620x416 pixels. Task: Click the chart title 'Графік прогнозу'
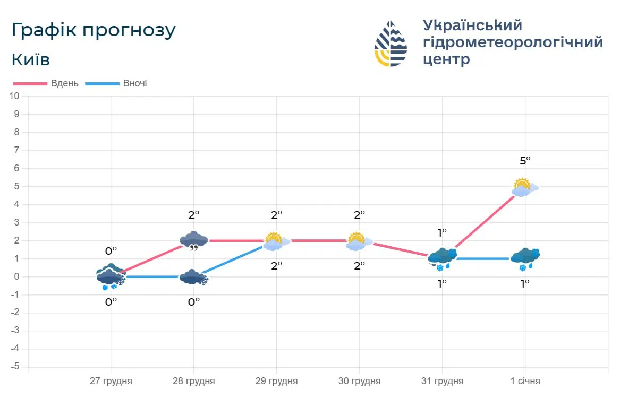point(94,30)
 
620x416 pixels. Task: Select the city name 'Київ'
point(31,59)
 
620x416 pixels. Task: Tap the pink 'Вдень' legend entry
point(47,83)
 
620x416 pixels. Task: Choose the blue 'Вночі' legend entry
point(118,83)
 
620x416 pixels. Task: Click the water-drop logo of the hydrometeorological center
point(390,44)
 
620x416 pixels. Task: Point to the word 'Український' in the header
point(472,25)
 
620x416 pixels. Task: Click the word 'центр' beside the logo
point(446,59)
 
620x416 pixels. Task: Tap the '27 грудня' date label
point(111,381)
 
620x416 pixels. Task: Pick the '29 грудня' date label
point(276,381)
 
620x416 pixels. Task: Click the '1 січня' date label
point(525,381)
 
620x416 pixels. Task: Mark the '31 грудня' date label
point(442,381)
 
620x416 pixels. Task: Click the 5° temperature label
point(525,160)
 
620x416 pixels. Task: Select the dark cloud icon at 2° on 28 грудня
point(193,240)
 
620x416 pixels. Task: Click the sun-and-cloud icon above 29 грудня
point(275,241)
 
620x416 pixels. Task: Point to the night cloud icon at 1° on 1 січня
point(525,258)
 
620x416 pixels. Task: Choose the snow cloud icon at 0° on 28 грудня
point(193,278)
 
